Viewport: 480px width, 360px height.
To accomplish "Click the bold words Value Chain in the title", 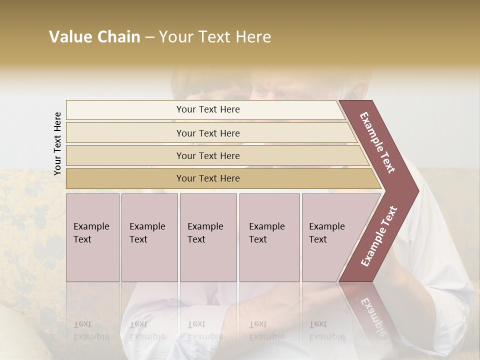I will pos(94,37).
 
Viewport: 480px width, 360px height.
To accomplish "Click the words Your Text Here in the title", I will pos(215,37).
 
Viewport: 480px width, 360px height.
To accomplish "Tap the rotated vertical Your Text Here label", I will pos(57,143).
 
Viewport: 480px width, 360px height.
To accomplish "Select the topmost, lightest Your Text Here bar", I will pos(207,109).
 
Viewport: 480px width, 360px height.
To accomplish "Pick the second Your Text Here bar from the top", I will pos(207,133).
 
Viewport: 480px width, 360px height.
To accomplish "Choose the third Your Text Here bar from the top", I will pos(207,155).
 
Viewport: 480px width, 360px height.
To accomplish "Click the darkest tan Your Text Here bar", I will pos(207,178).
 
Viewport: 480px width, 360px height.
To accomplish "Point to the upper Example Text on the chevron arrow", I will pos(377,142).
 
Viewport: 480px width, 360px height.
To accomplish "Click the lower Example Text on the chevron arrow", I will pos(379,236).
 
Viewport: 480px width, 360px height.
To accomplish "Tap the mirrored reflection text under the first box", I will pos(91,330).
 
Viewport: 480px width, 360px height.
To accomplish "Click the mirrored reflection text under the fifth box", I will pos(327,330).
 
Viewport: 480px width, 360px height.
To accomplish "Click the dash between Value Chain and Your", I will pos(149,37).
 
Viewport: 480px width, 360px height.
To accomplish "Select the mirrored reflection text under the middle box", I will pos(205,330).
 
